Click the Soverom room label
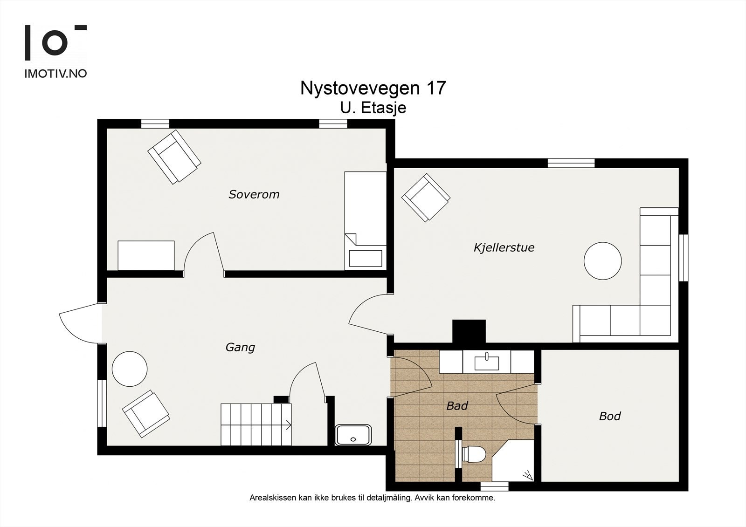[x=254, y=194]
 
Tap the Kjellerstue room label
[x=504, y=248]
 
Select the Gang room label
[x=240, y=348]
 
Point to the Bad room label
[x=457, y=406]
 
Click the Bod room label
[x=610, y=416]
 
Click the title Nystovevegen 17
[x=373, y=88]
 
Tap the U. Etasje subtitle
[x=373, y=108]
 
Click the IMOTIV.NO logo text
[x=55, y=74]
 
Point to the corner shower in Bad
[x=513, y=460]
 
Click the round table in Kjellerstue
[x=602, y=260]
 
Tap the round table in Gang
[x=130, y=369]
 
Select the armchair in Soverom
[x=174, y=157]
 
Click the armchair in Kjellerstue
[x=426, y=198]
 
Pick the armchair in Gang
[x=146, y=414]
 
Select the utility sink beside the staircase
[x=353, y=435]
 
